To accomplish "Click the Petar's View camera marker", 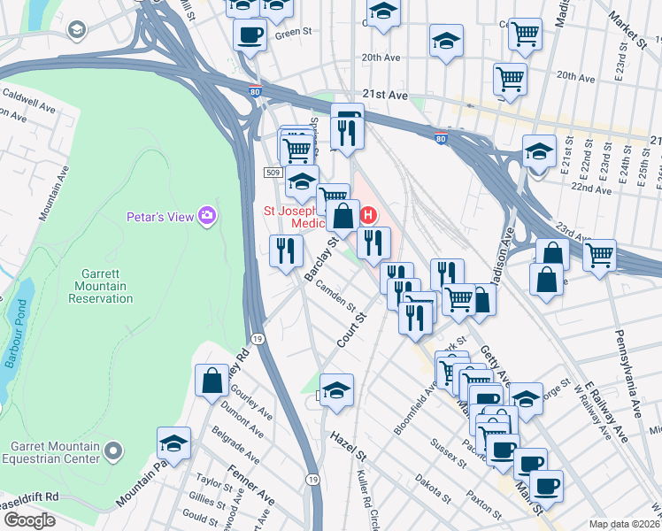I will coord(207,216).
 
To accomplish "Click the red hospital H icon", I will coord(369,215).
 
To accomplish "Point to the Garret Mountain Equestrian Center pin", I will coord(112,452).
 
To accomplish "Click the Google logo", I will coord(29,520).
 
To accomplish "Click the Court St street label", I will coord(351,329).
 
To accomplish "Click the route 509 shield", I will coord(273,173).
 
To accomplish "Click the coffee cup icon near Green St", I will coord(250,35).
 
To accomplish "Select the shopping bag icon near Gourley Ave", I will coord(212,381).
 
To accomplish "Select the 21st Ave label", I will coord(385,94).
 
